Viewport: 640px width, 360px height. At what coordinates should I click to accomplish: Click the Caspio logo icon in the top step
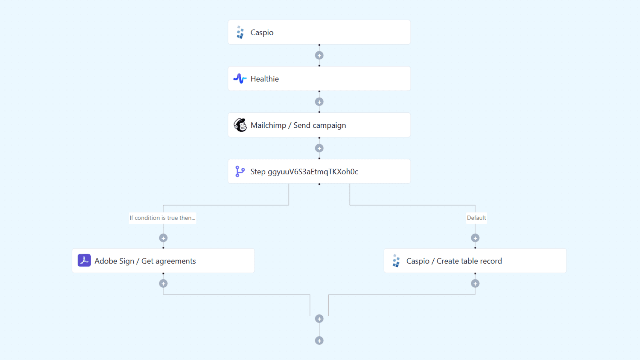tap(240, 32)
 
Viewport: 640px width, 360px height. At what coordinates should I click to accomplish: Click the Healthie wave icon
tap(240, 79)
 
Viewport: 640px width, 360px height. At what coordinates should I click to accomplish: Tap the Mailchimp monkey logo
tap(240, 125)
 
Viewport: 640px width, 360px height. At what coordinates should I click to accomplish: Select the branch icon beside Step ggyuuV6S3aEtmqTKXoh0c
tap(240, 171)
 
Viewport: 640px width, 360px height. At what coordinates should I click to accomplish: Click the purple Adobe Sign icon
tap(84, 260)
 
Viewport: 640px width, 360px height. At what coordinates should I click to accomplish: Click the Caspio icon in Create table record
tap(396, 261)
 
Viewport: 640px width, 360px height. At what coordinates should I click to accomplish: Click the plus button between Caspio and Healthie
tap(319, 55)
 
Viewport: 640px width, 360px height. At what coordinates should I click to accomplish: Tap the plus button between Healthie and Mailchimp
tap(319, 102)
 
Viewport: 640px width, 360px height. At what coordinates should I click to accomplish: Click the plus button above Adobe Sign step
tap(163, 238)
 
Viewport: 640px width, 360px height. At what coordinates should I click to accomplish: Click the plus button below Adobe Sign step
tap(163, 283)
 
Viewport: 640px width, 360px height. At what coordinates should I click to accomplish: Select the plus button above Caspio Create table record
tap(475, 238)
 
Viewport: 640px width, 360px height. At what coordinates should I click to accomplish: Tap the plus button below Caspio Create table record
tap(475, 283)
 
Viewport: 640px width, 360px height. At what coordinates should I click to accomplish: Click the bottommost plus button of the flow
tap(319, 341)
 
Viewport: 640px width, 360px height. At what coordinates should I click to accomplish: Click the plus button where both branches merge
tap(319, 319)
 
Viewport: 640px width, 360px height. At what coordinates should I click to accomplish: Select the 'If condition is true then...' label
tap(162, 218)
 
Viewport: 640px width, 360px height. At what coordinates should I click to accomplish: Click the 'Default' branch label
tap(476, 218)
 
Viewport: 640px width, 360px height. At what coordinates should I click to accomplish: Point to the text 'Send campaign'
tap(319, 125)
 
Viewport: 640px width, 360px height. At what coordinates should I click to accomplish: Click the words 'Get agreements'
tap(168, 261)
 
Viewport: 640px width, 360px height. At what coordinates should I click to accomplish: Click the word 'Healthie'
tap(264, 79)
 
